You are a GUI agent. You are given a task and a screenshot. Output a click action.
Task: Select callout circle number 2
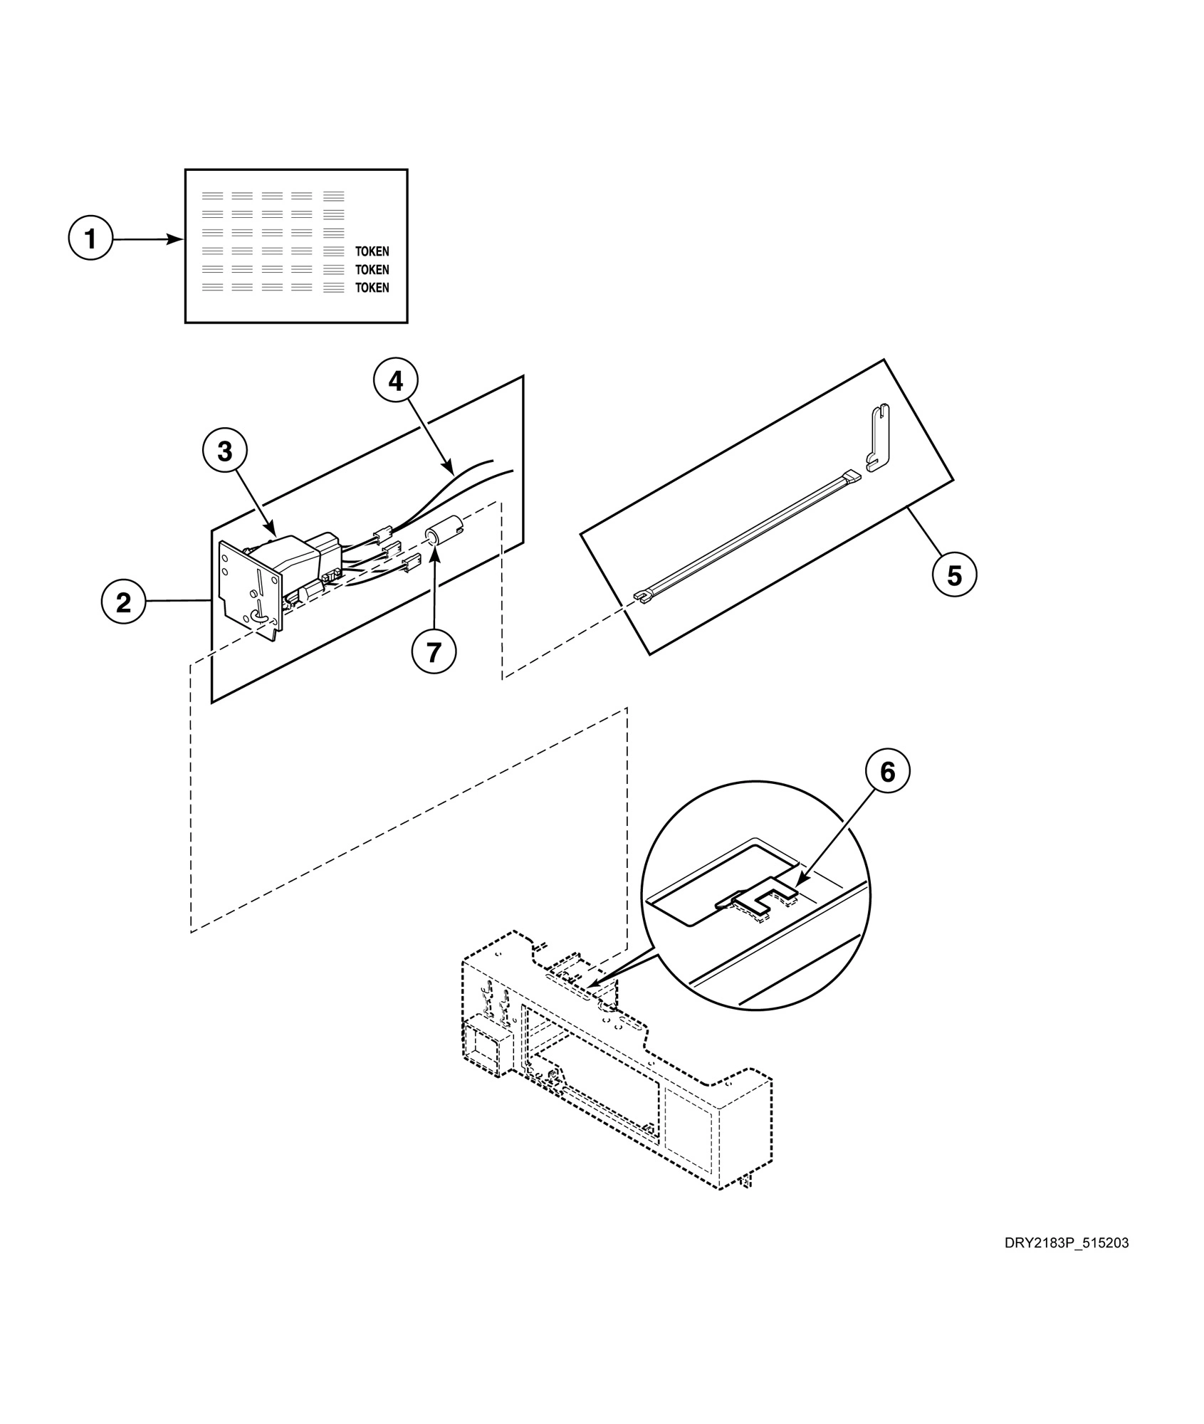(123, 602)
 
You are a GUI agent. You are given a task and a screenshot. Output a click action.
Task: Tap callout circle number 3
(224, 451)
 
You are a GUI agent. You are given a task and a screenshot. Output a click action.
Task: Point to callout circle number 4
(395, 382)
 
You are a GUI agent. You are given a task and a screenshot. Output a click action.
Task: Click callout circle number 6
(887, 772)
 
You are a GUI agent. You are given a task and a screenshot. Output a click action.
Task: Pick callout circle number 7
(434, 651)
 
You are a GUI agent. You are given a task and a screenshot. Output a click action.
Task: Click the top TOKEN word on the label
(372, 251)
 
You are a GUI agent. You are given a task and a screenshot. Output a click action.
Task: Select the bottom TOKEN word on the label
(372, 288)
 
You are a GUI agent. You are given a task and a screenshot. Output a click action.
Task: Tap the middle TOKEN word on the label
(372, 270)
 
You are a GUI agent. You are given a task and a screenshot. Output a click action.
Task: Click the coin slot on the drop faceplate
(261, 585)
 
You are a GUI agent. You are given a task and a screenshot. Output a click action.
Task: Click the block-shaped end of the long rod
(852, 475)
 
